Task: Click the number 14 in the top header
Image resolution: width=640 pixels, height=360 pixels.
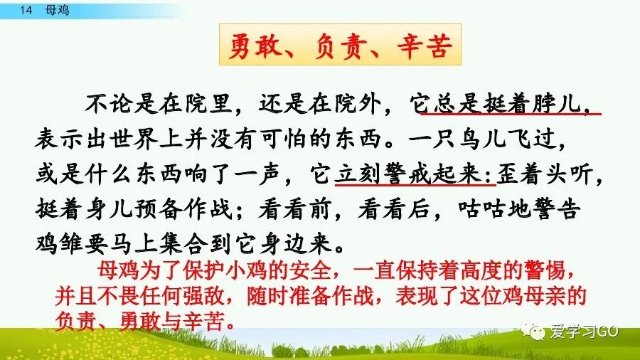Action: [x=28, y=11]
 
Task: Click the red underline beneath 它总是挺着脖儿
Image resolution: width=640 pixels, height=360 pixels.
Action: [x=511, y=112]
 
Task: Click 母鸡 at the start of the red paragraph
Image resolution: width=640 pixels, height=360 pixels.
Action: [x=110, y=271]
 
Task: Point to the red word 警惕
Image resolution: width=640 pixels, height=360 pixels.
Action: [x=543, y=271]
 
